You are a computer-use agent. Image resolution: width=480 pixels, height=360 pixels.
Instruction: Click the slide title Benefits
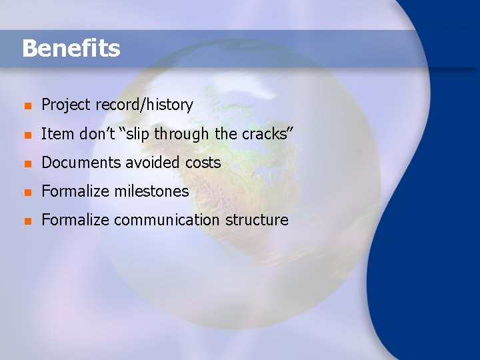[71, 48]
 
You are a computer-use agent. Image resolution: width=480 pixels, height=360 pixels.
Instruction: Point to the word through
[182, 133]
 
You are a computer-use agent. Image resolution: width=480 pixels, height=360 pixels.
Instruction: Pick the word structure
[257, 219]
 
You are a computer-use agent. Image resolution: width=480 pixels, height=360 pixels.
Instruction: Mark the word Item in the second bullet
[57, 133]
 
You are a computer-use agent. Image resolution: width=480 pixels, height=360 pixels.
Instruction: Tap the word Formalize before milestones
[75, 191]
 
